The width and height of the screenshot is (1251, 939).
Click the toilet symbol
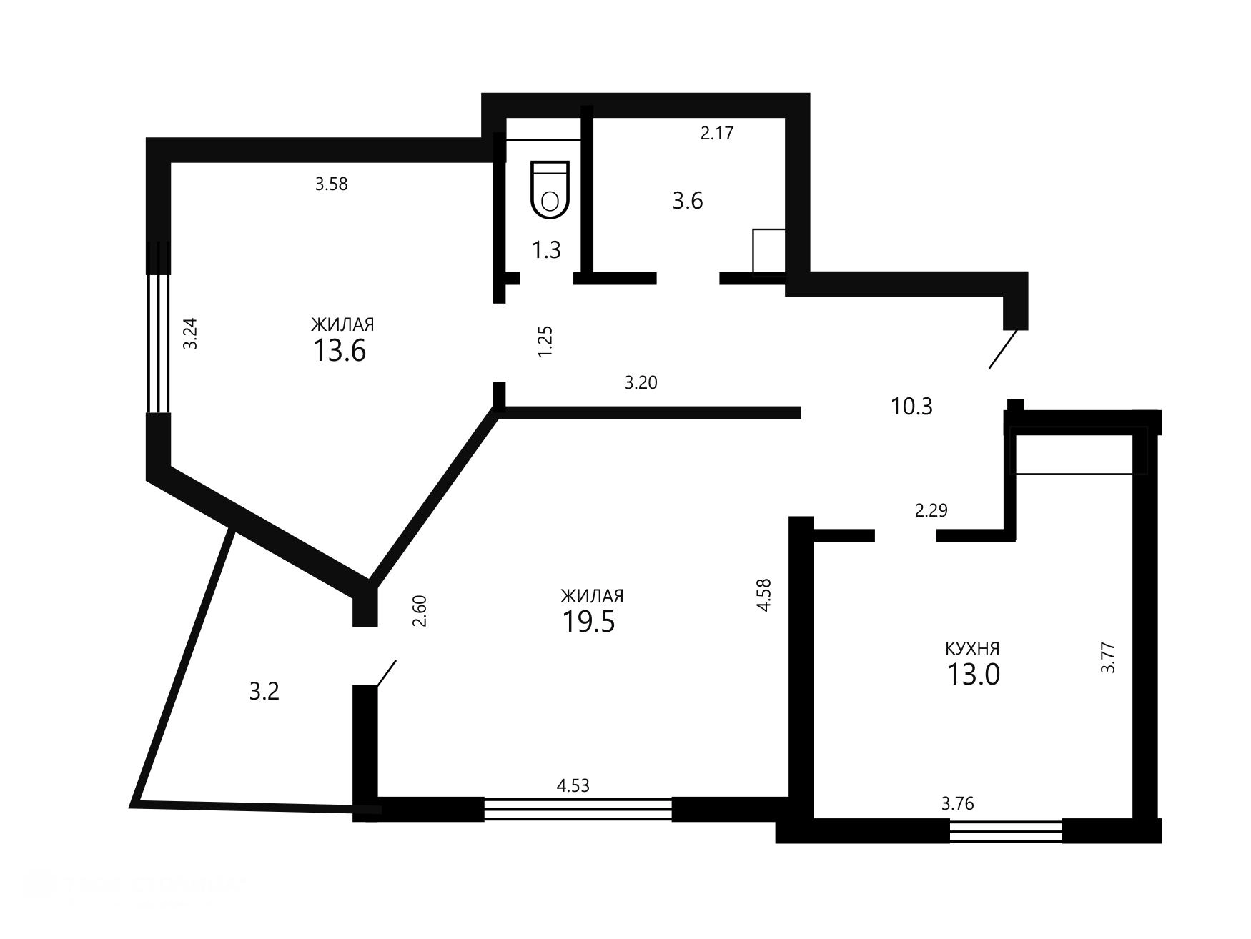550,189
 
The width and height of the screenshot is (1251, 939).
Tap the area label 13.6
340,351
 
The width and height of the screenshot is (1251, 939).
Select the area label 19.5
588,622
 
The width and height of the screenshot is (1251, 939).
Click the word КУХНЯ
972,649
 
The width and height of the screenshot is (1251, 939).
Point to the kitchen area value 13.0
973,674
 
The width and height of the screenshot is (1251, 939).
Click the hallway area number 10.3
911,407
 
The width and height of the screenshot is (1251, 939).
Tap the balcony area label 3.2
264,692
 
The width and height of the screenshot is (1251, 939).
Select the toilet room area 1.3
546,250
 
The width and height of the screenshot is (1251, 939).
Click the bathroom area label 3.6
688,201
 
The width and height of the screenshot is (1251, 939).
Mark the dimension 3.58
332,184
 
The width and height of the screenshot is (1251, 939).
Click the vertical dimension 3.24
190,333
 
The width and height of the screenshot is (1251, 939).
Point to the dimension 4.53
573,786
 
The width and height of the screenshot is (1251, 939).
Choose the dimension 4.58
764,595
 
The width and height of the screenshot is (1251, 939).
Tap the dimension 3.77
1108,658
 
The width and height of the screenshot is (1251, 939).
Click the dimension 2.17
717,133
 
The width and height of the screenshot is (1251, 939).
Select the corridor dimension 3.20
641,383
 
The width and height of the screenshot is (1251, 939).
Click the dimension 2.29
931,510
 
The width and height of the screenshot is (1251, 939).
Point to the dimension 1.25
545,342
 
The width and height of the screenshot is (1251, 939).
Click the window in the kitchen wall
1006,832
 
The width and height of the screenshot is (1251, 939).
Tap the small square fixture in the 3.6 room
769,251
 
